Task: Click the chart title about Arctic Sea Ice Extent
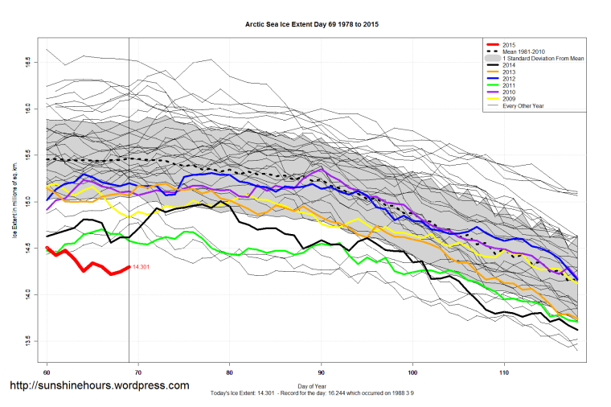click(x=312, y=25)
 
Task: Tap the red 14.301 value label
click(x=142, y=267)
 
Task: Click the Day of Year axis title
click(x=313, y=385)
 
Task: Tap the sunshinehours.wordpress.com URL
click(x=98, y=386)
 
